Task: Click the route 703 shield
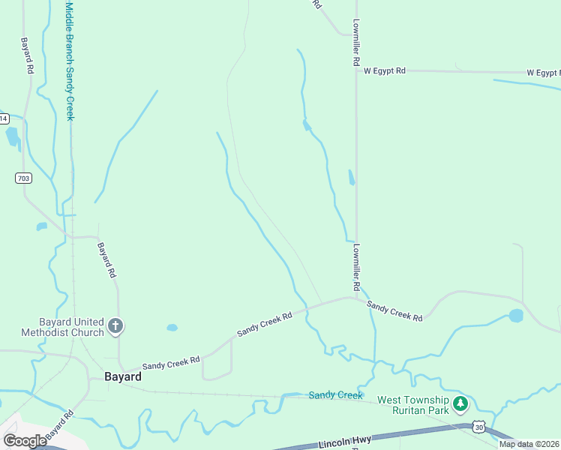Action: (22, 178)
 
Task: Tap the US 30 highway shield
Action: (479, 426)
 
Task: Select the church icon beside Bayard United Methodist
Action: (115, 325)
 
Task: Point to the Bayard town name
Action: (123, 376)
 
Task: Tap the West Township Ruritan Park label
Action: (412, 405)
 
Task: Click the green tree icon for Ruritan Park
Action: (460, 404)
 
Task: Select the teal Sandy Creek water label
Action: (335, 395)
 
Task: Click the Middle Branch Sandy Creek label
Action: (70, 60)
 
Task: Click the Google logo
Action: (24, 441)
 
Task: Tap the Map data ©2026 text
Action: (529, 444)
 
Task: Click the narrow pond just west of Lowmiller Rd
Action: (351, 178)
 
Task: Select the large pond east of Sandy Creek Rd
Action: (515, 316)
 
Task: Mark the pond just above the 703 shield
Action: (13, 136)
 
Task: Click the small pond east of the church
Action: (172, 328)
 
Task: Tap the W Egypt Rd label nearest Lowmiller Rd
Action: (384, 70)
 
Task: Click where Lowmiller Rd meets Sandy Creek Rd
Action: (357, 298)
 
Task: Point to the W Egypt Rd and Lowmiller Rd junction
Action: (356, 70)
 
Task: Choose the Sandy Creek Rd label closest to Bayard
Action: (171, 361)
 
